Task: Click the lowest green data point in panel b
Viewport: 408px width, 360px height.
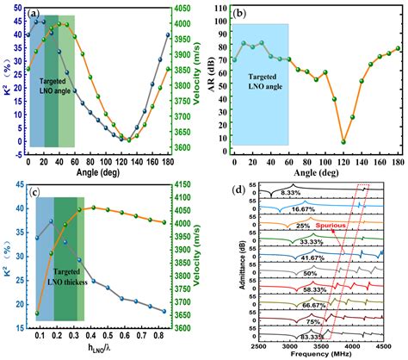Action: [343, 141]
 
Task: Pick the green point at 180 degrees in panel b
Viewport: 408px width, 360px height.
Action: [398, 49]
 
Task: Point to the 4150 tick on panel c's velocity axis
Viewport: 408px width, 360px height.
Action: [193, 183]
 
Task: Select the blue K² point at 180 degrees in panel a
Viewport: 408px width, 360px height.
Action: [167, 35]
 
